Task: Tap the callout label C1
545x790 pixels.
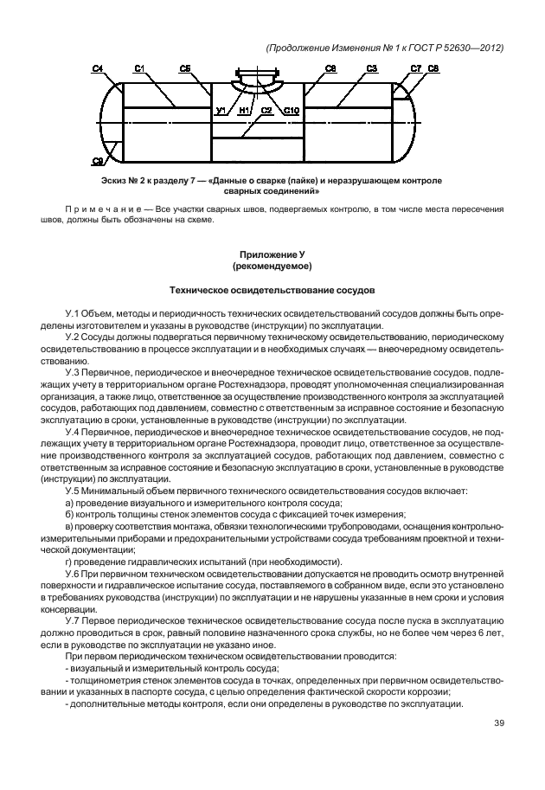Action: [x=139, y=67]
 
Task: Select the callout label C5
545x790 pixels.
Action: [x=185, y=67]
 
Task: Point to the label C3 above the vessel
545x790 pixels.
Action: [x=371, y=67]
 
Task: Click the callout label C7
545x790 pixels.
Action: [x=415, y=67]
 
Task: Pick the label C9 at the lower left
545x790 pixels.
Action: [x=98, y=161]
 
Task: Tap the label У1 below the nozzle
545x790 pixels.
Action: [x=221, y=111]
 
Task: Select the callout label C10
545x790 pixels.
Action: [x=291, y=111]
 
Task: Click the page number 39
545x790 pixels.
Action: [x=498, y=723]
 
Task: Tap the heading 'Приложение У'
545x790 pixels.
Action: [x=272, y=255]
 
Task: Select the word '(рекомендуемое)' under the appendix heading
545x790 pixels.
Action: [x=272, y=267]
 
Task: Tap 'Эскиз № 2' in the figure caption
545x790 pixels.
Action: [x=123, y=181]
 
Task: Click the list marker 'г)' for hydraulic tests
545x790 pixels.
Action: [x=70, y=561]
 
